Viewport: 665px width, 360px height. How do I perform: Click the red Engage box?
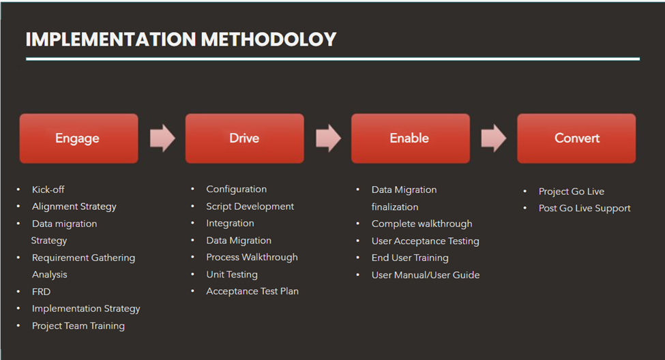click(x=78, y=138)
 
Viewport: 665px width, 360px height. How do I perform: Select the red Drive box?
click(x=244, y=138)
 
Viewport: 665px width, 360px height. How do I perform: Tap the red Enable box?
click(x=410, y=138)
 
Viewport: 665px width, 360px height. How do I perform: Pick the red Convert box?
click(x=576, y=138)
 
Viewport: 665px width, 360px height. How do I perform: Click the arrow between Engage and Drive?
click(x=162, y=138)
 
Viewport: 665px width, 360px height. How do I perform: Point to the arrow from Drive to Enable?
click(x=328, y=138)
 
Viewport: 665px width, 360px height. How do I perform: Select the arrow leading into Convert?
click(x=494, y=138)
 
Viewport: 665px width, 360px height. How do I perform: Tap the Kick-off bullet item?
click(x=48, y=190)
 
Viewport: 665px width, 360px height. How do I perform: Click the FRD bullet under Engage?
click(x=41, y=292)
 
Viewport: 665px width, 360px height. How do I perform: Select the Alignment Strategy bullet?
click(x=74, y=207)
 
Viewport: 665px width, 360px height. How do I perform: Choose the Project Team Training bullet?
click(x=78, y=326)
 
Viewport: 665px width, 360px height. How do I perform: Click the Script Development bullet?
click(x=250, y=207)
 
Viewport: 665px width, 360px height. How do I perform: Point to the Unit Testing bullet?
click(x=232, y=275)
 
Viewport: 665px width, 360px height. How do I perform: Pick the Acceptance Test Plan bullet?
click(x=252, y=291)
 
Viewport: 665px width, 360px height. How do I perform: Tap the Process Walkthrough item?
click(x=252, y=257)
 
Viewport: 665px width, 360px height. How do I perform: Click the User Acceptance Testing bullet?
click(x=425, y=241)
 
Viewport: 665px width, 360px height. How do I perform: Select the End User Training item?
click(x=410, y=258)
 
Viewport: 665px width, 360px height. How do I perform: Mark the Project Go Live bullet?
click(x=571, y=192)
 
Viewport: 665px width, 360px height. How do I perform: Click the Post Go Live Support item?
click(x=585, y=209)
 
